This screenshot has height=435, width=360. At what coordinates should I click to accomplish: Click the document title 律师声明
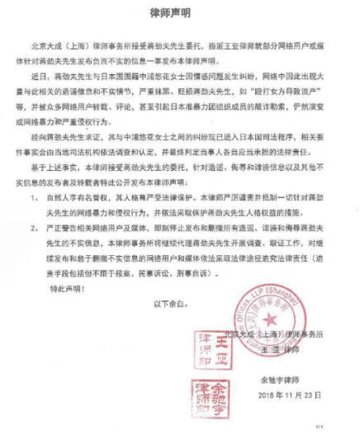coord(179,14)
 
